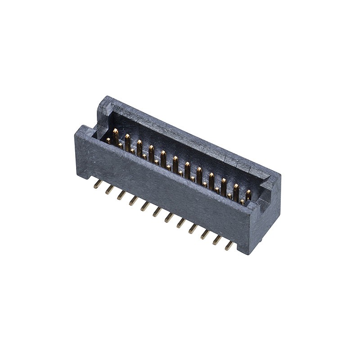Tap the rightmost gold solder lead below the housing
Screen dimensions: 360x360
(x=229, y=246)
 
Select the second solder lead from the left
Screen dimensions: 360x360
(x=109, y=189)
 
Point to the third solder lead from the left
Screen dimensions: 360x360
(x=121, y=195)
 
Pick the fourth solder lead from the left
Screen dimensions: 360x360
(x=134, y=201)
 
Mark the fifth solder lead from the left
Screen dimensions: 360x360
(x=145, y=206)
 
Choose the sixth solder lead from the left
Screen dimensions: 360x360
(x=157, y=211)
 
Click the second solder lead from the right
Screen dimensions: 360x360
(x=217, y=240)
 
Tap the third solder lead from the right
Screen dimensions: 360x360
(x=205, y=234)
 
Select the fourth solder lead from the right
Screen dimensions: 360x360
(x=193, y=229)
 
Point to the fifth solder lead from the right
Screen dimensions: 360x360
(x=181, y=223)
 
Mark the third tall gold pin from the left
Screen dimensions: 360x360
(x=139, y=147)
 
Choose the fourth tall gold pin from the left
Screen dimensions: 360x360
(x=152, y=153)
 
